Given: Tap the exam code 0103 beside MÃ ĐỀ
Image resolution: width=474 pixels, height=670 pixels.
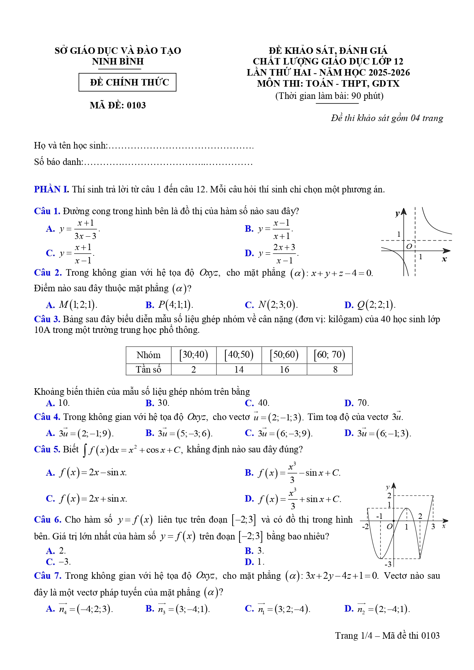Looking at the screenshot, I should (x=136, y=105).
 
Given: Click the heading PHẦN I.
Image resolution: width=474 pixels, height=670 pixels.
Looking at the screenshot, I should (x=51, y=189).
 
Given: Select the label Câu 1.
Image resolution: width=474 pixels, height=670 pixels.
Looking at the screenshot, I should (x=47, y=211).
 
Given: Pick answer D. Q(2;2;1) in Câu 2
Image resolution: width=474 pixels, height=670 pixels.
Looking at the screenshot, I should (x=370, y=305).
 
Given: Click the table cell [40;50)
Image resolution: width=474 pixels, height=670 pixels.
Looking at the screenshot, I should (x=239, y=355).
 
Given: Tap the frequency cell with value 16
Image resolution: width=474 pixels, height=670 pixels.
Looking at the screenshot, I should (x=284, y=370).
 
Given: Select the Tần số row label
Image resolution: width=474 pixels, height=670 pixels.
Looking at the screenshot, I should (x=149, y=370).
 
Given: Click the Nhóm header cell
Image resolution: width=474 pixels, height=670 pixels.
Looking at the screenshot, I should (x=149, y=355).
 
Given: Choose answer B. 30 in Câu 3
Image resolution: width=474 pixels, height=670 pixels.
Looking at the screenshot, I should (x=157, y=403).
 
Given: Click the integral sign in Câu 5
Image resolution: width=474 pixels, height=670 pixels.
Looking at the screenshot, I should (x=85, y=450).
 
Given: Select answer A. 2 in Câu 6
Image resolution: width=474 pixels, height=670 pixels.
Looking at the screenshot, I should (x=56, y=551).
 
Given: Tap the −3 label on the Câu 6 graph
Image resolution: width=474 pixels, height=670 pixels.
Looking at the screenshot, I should (x=388, y=564).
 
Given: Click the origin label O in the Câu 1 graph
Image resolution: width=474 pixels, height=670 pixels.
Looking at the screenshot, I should (x=409, y=247).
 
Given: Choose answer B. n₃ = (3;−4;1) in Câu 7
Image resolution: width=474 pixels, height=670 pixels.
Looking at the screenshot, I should (x=178, y=609).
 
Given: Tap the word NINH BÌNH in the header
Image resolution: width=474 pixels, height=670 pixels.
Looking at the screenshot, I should (x=118, y=61).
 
